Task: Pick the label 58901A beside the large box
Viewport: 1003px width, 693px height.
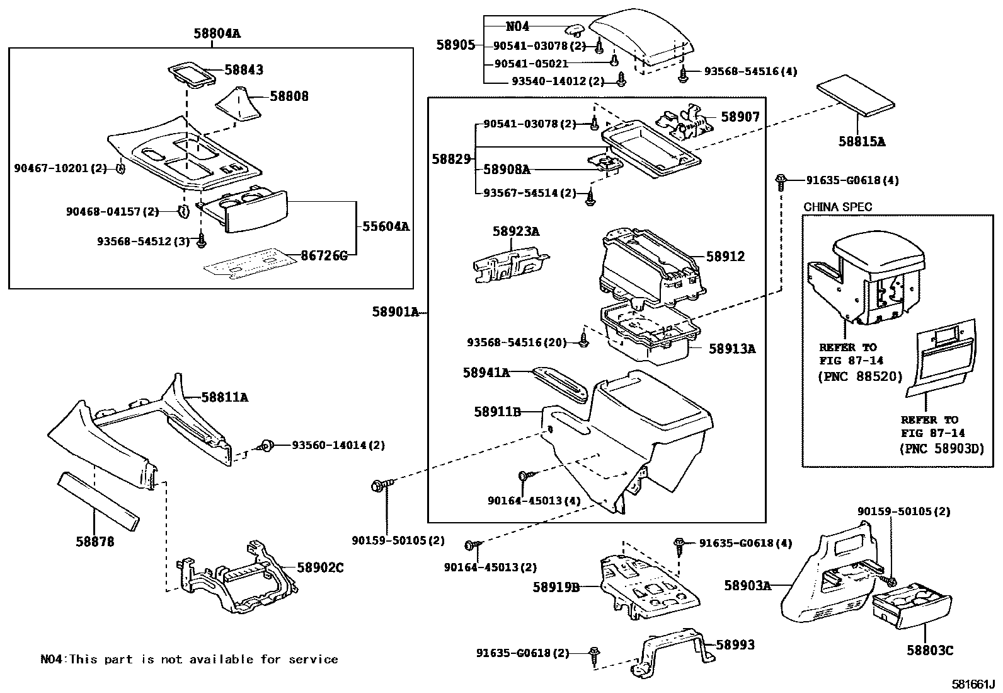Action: (395, 312)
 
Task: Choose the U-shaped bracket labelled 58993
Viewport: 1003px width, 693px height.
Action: (674, 649)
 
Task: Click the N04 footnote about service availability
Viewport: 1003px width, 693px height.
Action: (189, 660)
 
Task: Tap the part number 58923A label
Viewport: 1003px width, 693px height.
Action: (515, 231)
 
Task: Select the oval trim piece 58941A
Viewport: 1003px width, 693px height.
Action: (560, 384)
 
